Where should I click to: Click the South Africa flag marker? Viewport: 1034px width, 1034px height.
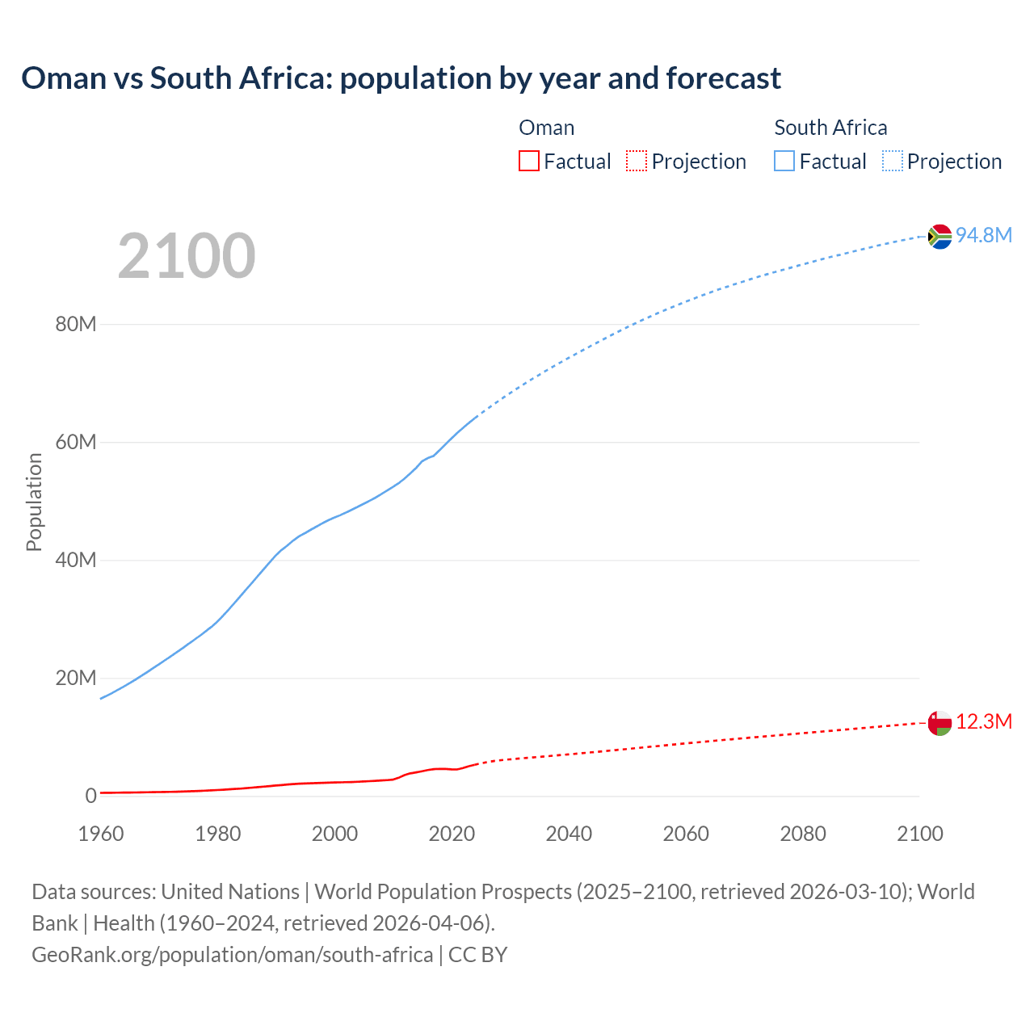pos(939,237)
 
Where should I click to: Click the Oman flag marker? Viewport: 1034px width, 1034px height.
pos(939,723)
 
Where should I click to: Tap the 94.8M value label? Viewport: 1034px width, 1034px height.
pos(984,235)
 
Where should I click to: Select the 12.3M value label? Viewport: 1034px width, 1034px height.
pos(984,721)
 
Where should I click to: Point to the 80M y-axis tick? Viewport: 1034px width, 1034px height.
pos(76,325)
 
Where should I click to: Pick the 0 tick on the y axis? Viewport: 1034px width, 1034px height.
pos(90,796)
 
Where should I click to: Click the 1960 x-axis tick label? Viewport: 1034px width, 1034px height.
pos(101,834)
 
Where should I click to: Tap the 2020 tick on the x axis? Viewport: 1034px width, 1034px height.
pos(452,834)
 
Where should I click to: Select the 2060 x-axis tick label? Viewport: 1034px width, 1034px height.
pos(686,834)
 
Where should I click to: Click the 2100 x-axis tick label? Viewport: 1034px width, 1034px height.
pos(919,834)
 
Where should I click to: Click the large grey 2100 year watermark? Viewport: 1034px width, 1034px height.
pos(187,256)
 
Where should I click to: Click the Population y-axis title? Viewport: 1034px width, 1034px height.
pos(34,502)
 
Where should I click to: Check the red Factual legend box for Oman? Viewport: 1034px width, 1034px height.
pos(529,161)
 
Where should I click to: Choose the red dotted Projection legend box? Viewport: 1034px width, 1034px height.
pos(637,161)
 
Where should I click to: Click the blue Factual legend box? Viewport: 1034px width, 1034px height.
pos(784,161)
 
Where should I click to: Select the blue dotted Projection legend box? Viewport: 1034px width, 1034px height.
pos(892,161)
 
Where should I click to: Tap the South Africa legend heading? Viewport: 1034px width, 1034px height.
pos(830,128)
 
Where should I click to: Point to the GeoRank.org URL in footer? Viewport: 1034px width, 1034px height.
pos(233,955)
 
